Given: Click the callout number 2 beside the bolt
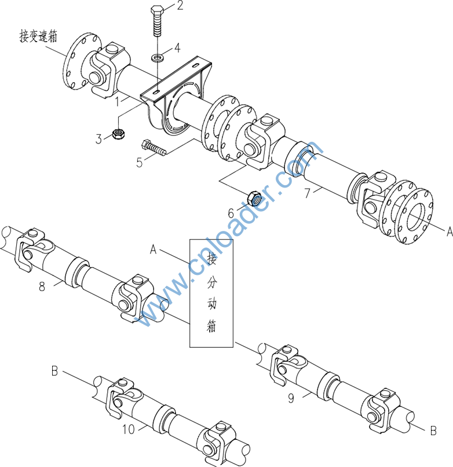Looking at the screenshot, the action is [x=180, y=5].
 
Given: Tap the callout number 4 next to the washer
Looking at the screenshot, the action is [x=177, y=47].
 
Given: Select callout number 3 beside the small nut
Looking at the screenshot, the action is [x=98, y=139].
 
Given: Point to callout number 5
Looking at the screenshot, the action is [x=140, y=162].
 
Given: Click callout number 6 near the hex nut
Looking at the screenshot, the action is [x=231, y=214].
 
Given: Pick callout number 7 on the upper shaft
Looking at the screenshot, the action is [x=307, y=193].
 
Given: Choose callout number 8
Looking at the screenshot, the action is [x=42, y=286].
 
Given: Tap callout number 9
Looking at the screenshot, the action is [x=291, y=398].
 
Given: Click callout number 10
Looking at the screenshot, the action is [x=129, y=429].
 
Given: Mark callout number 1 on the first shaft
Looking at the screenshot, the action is [x=118, y=102].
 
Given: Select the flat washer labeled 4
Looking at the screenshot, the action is [x=158, y=57].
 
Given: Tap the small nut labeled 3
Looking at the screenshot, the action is [x=119, y=134].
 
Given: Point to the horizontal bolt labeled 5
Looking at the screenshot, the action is [x=154, y=148].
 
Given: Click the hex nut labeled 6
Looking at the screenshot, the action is [x=254, y=198].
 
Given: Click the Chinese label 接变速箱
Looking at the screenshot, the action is [x=38, y=36].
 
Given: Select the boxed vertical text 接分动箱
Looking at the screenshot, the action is [x=211, y=293].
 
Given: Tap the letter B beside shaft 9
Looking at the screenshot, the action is [x=433, y=431].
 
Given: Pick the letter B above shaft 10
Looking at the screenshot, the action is [x=54, y=372].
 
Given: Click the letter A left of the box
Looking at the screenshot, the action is [x=153, y=249].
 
